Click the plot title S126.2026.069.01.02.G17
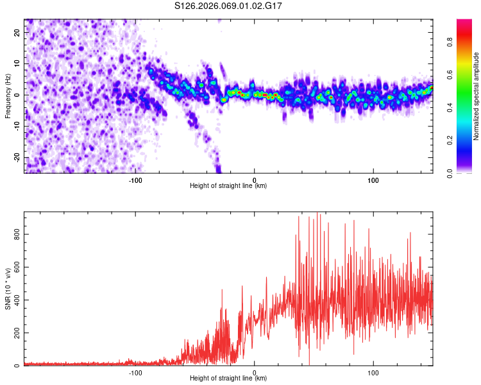click(229, 7)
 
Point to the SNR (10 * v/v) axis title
click(8, 289)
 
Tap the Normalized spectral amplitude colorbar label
click(477, 97)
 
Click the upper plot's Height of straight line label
click(228, 186)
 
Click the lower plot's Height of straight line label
click(228, 379)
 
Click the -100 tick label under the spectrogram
click(135, 180)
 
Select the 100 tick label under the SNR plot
click(373, 372)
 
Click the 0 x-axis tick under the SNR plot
click(255, 372)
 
